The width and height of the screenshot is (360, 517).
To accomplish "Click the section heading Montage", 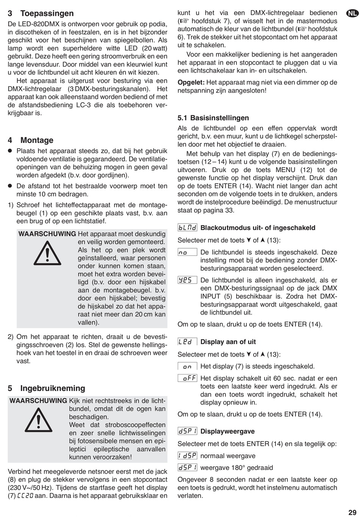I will pyautogui.click(x=37, y=140).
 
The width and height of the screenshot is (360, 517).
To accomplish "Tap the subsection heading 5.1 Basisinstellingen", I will pyautogui.click(x=213, y=118).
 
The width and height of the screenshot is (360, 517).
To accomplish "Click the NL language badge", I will pyautogui.click(x=352, y=14).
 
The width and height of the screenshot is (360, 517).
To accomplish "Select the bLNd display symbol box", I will pyautogui.click(x=187, y=228).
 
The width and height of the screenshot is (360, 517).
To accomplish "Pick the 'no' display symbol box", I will pyautogui.click(x=187, y=252).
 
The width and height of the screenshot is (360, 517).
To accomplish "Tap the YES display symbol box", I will pyautogui.click(x=187, y=280).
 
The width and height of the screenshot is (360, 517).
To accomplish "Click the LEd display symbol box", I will pyautogui.click(x=187, y=342).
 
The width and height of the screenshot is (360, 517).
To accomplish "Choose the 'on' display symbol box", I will pyautogui.click(x=187, y=367).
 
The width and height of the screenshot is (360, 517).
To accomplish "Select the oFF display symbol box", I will pyautogui.click(x=187, y=378).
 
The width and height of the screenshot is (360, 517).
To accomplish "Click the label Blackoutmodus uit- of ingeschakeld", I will pyautogui.click(x=258, y=228).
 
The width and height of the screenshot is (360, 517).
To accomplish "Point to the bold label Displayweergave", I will pyautogui.click(x=227, y=431).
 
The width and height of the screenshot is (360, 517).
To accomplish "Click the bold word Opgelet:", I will pyautogui.click(x=191, y=82).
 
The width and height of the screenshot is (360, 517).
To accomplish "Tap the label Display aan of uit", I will pyautogui.click(x=228, y=342).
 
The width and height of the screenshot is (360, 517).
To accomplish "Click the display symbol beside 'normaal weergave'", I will pyautogui.click(x=187, y=456).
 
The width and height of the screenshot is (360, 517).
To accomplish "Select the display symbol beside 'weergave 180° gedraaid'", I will pyautogui.click(x=187, y=467).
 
